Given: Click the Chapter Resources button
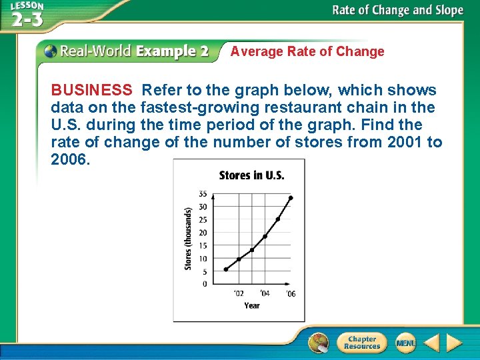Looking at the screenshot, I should point(362,343).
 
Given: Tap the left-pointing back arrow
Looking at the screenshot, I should point(431,343).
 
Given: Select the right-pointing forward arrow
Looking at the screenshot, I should point(454,343).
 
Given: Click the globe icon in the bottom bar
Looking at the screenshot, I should point(319,343).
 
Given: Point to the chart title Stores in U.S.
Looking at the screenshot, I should point(251,176).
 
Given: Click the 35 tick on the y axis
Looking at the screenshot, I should point(203,194).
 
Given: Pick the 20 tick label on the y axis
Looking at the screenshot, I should point(203,233).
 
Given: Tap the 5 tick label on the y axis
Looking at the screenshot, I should point(204,271).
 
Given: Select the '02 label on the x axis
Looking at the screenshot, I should point(238,294).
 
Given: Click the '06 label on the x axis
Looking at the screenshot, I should point(291,294).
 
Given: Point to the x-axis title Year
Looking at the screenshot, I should point(251,305).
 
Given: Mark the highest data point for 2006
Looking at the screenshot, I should point(291,198).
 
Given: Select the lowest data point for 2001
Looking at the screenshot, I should point(225,269).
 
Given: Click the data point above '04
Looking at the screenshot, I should point(265,237).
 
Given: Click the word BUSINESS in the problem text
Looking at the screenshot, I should point(91,91).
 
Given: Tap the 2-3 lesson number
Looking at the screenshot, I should point(27,19).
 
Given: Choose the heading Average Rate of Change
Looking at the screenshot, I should point(307,52).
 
